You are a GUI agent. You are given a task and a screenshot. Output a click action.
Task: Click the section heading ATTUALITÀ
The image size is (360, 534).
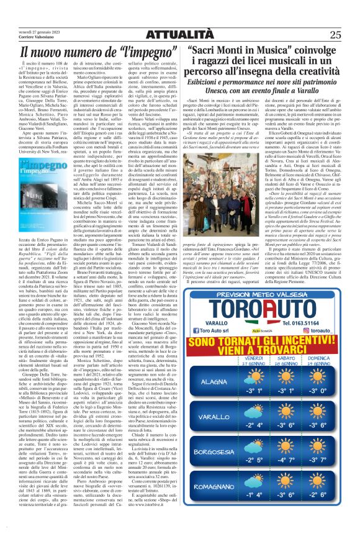point(179,17)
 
